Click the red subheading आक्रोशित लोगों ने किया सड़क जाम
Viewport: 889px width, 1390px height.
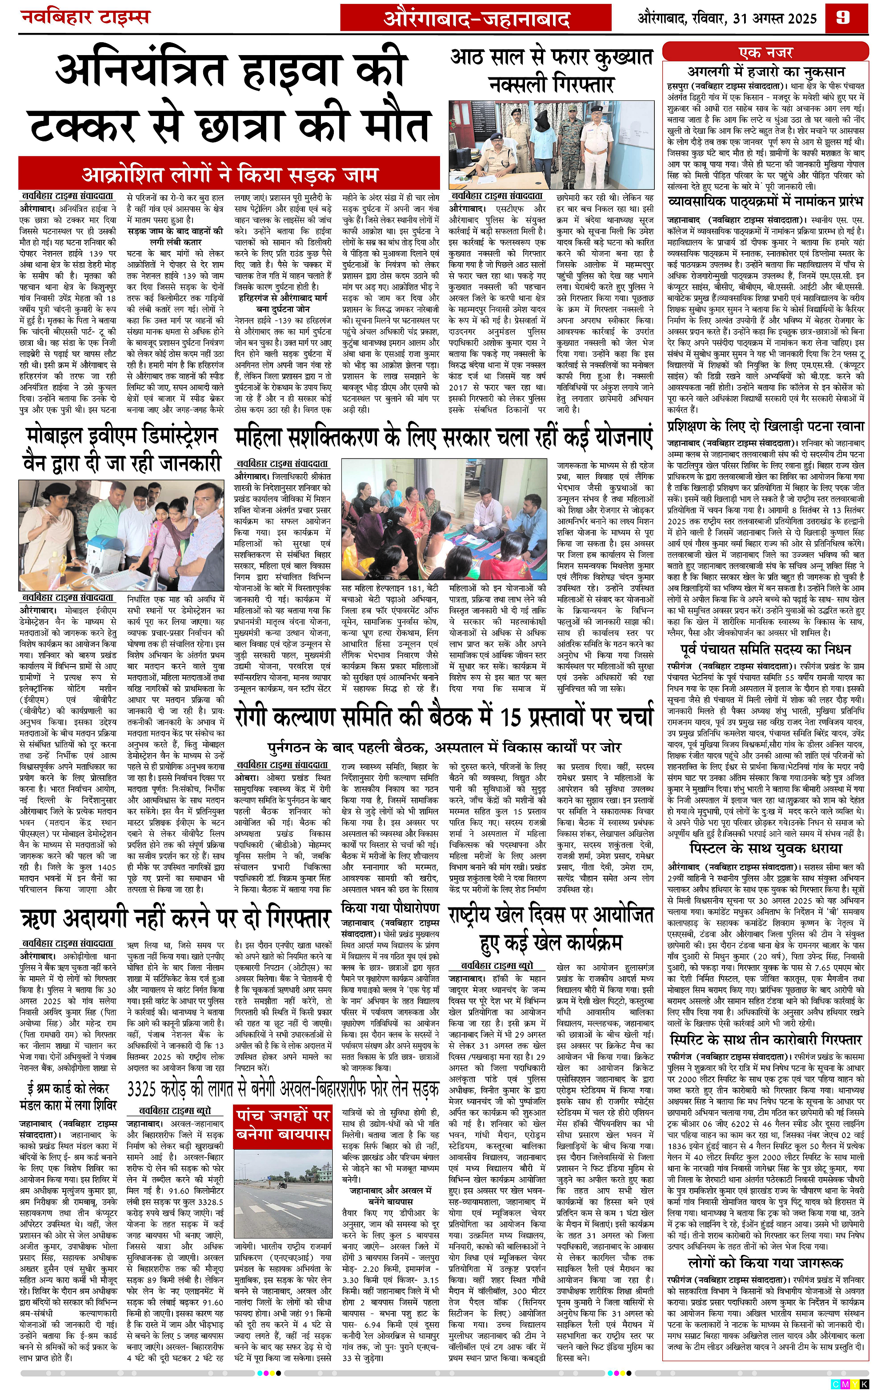point(230,174)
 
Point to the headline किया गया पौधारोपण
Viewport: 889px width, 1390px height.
point(390,907)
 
